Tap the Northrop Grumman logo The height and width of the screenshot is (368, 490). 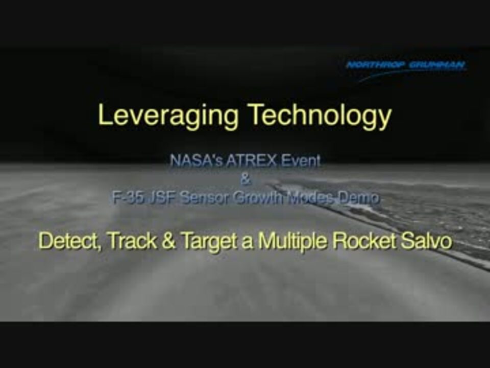406,70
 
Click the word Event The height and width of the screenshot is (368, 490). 301,160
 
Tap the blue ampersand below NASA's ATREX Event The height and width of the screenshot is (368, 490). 246,179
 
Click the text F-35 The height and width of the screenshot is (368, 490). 128,197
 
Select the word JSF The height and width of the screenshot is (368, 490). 162,197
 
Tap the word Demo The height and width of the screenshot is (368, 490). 359,197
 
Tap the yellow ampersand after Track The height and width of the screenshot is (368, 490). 169,241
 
